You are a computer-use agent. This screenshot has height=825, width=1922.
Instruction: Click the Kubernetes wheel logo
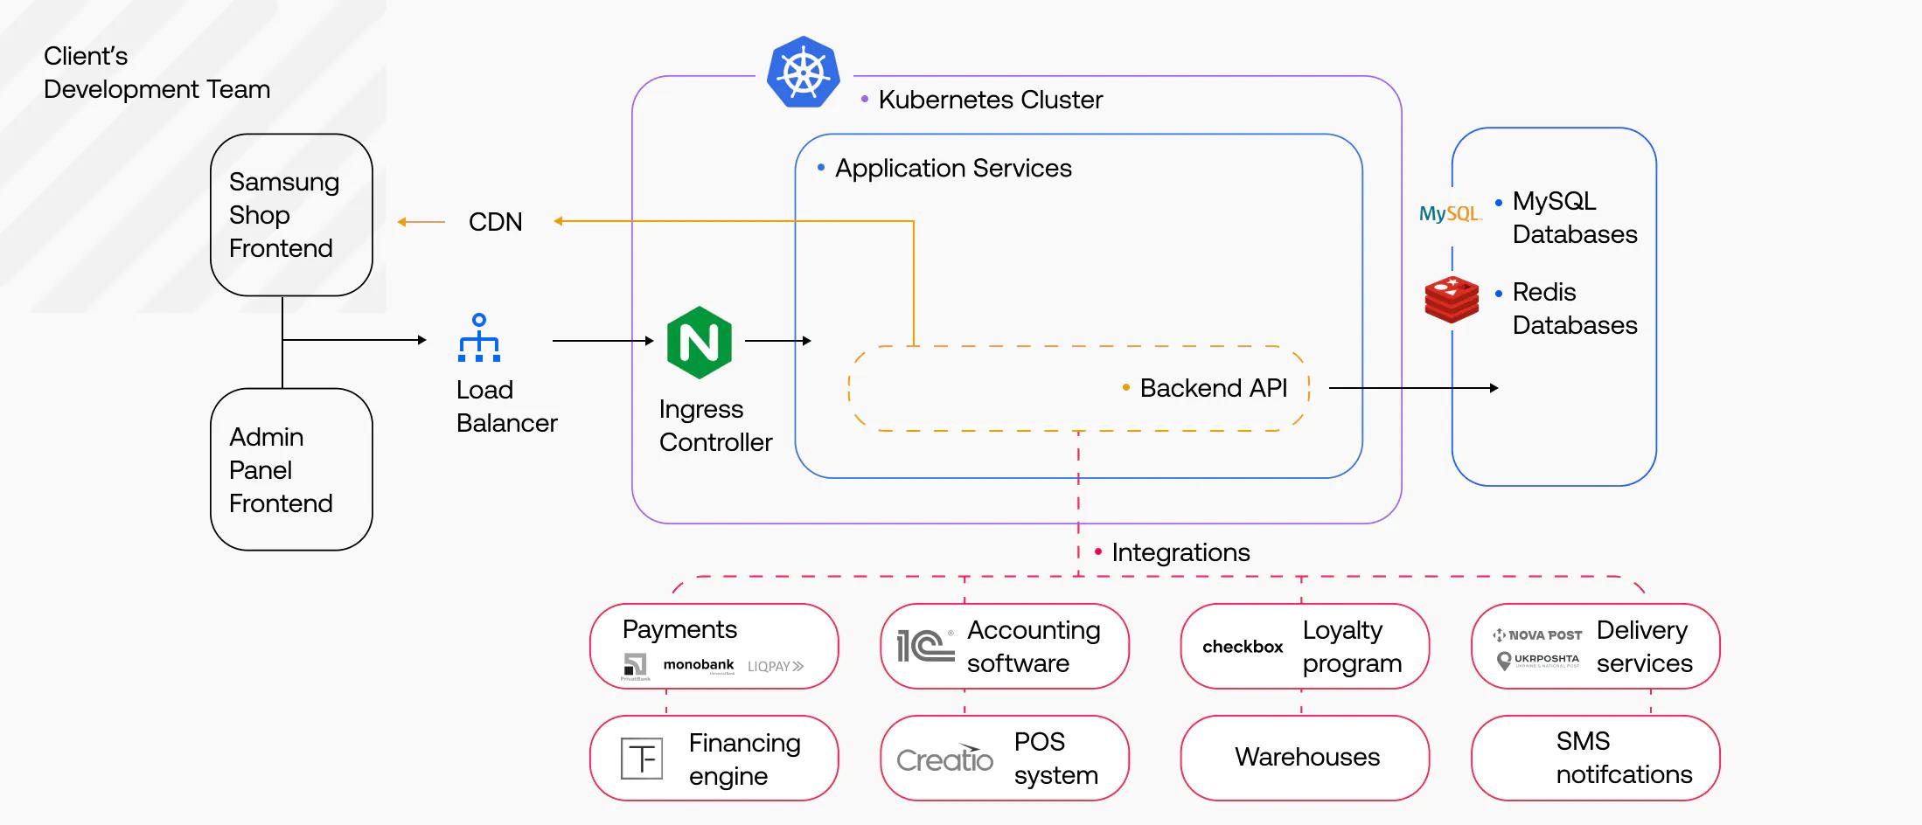(x=803, y=73)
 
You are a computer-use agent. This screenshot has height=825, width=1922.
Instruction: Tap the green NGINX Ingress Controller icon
(x=699, y=343)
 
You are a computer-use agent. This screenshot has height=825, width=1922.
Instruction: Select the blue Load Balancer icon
(x=479, y=338)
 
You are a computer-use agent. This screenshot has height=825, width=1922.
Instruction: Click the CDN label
(x=495, y=222)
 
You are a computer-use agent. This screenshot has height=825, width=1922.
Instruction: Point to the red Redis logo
(x=1452, y=300)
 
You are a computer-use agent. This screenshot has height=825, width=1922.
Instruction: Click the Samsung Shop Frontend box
(x=291, y=215)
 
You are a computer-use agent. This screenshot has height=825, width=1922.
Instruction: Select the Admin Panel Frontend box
(x=291, y=469)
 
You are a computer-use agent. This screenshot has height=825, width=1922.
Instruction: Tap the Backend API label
(x=1213, y=388)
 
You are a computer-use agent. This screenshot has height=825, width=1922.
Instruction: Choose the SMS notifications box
(x=1595, y=758)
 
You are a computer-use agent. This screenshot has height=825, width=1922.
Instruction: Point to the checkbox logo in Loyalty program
(x=1242, y=647)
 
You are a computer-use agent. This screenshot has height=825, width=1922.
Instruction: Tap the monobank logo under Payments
(x=698, y=665)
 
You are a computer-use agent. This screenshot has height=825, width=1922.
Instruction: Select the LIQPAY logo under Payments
(x=775, y=666)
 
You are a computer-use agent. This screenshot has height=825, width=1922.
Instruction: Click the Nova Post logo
(x=1537, y=635)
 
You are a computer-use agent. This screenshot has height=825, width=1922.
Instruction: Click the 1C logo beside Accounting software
(x=925, y=646)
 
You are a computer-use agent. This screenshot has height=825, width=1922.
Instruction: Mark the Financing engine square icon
(x=641, y=759)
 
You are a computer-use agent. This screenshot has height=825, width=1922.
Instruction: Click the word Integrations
(x=1180, y=552)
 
